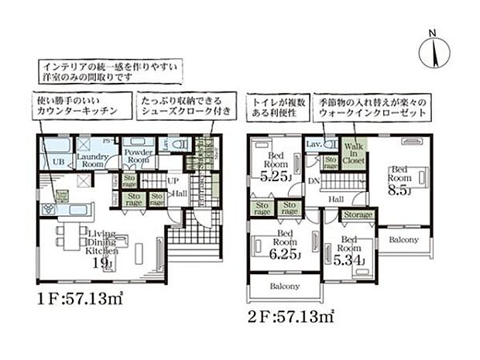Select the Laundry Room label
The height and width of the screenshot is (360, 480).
click(x=91, y=160)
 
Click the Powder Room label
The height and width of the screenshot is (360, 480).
click(x=139, y=155)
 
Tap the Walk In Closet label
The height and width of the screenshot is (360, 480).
click(x=354, y=153)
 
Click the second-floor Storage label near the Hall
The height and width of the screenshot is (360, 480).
click(x=358, y=214)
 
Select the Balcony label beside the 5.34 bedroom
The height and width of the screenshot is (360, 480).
click(x=403, y=239)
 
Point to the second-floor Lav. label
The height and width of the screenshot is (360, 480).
click(x=314, y=145)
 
